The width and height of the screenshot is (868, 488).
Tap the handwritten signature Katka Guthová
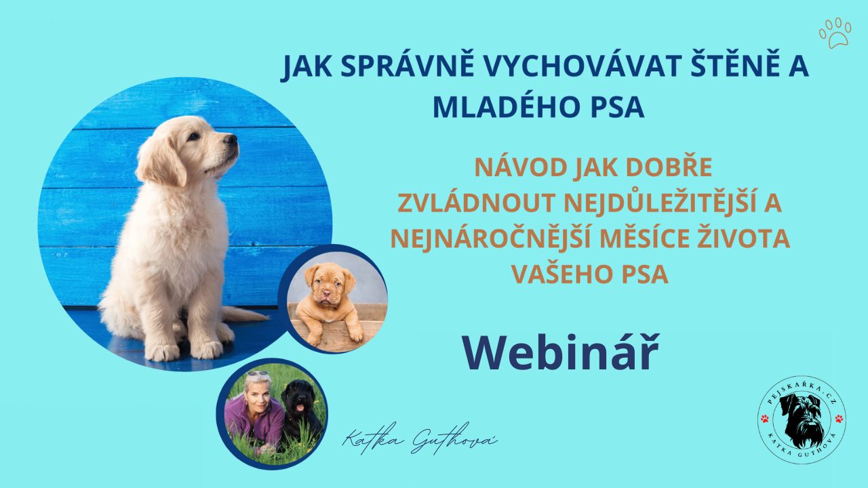click(x=420, y=441)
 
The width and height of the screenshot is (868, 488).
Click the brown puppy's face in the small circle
click(x=330, y=285)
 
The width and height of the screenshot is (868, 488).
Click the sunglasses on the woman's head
click(x=258, y=374)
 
